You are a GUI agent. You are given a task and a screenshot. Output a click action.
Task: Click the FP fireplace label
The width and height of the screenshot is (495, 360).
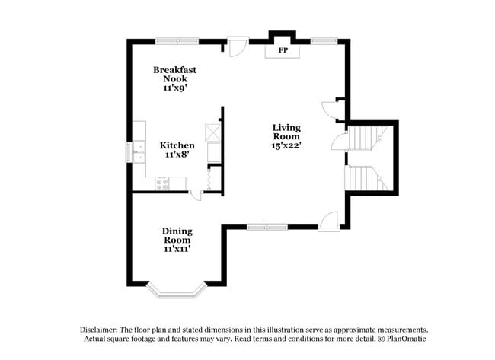pyautogui.click(x=283, y=51)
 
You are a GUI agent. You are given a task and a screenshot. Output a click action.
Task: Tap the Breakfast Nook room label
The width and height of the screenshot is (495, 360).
pyautogui.click(x=175, y=78)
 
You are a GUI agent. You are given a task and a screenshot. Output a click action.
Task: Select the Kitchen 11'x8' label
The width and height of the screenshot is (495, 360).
pyautogui.click(x=177, y=149)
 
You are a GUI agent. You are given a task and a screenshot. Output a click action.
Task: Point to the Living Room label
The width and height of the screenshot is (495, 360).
pyautogui.click(x=287, y=136)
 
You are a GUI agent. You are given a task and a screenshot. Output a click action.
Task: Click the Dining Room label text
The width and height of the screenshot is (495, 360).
pyautogui.click(x=177, y=240)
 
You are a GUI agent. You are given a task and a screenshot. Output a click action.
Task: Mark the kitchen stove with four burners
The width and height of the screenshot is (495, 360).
pyautogui.click(x=162, y=182)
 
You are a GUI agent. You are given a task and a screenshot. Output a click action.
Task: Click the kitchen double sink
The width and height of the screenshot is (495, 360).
pyautogui.click(x=139, y=152)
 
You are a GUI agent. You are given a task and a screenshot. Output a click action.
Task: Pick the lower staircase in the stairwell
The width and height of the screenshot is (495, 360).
pyautogui.click(x=364, y=178)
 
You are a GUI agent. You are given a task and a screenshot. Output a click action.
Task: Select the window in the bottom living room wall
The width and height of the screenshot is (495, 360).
pyautogui.click(x=267, y=226)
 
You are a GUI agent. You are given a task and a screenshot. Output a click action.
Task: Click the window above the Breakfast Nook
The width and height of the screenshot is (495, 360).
pyautogui.click(x=177, y=39)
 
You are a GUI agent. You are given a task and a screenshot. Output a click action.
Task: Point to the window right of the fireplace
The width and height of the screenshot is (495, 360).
pyautogui.click(x=324, y=39)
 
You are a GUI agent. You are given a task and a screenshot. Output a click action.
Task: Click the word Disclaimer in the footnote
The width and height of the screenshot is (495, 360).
pyautogui.click(x=101, y=330)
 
